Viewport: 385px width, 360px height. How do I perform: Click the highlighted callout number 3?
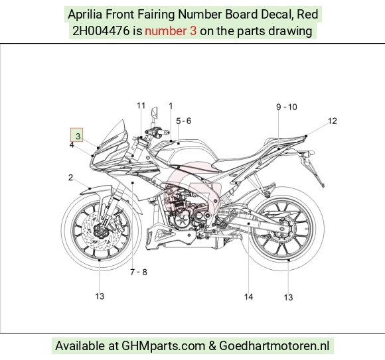[x=78, y=137]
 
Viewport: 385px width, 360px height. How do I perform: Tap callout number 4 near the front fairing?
[x=72, y=145]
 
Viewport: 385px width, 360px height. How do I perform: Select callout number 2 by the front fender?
[x=71, y=178]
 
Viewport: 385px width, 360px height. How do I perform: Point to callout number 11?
[x=141, y=105]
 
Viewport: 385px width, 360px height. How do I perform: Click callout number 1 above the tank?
[x=171, y=106]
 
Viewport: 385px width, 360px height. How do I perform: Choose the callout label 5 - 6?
[x=183, y=121]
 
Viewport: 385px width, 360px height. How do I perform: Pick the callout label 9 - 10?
[x=287, y=107]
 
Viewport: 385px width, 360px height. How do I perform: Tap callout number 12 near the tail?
[x=333, y=121]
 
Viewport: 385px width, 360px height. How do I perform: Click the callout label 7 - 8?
[x=139, y=272]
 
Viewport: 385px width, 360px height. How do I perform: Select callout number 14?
[x=248, y=297]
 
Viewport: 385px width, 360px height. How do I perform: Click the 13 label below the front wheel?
[x=100, y=296]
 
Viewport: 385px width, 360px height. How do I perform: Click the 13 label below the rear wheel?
[x=288, y=298]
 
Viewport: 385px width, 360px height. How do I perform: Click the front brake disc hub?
[x=100, y=231]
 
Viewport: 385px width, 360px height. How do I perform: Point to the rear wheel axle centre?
[x=282, y=229]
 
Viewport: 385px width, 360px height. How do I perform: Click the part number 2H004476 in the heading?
[x=101, y=31]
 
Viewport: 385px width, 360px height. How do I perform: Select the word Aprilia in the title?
[x=85, y=14]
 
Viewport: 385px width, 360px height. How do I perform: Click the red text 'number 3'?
[x=171, y=31]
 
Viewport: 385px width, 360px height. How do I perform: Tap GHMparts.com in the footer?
[x=163, y=346]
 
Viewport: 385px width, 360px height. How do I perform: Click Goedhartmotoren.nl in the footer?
[x=274, y=346]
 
